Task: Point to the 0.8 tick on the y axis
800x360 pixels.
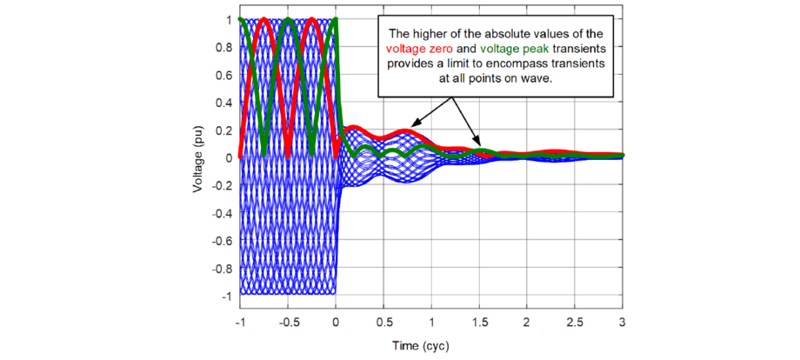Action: click(x=223, y=47)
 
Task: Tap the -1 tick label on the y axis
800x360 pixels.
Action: click(x=226, y=297)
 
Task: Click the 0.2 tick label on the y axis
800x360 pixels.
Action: click(x=223, y=130)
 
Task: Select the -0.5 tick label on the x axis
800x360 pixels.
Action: click(x=286, y=322)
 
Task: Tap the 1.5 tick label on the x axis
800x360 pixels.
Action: click(x=479, y=322)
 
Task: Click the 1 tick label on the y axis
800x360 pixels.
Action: click(x=230, y=19)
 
